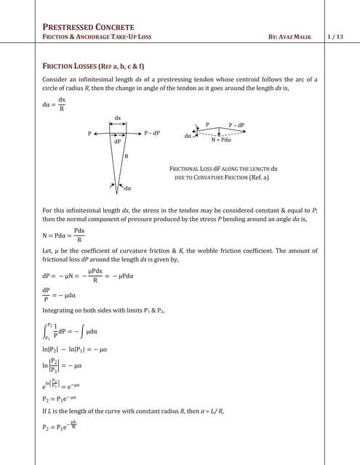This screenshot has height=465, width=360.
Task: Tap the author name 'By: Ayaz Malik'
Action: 295,36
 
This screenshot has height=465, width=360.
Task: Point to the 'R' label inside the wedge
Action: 127,156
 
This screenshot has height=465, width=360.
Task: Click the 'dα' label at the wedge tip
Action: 128,188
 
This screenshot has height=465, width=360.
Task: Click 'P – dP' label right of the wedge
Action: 151,133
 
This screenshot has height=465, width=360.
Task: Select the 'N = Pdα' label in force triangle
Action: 225,139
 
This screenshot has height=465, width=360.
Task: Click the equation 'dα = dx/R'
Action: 55,104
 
